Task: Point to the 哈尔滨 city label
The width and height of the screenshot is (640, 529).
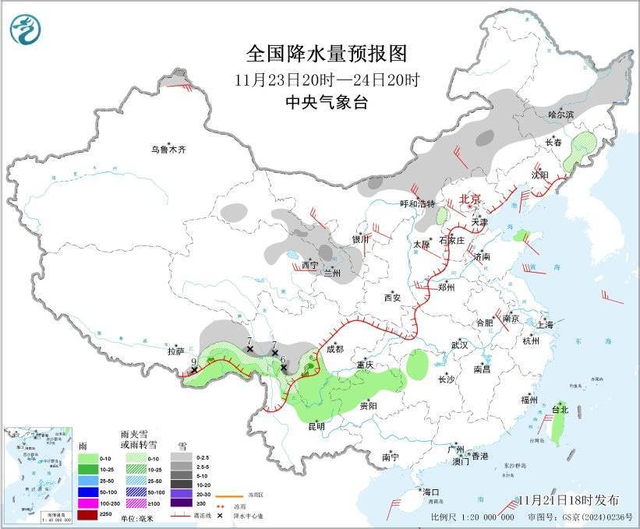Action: pyautogui.click(x=560, y=115)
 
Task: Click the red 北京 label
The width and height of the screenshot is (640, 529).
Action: pyautogui.click(x=470, y=199)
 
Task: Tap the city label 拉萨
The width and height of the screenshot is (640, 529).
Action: pyautogui.click(x=175, y=351)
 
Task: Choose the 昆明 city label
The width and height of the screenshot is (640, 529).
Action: pyautogui.click(x=316, y=426)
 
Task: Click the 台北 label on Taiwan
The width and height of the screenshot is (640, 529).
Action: pyautogui.click(x=560, y=409)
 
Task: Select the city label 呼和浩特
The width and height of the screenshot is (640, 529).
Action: pyautogui.click(x=415, y=204)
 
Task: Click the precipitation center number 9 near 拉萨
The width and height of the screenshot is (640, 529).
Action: pyautogui.click(x=193, y=361)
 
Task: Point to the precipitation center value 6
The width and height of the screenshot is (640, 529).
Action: pyautogui.click(x=283, y=360)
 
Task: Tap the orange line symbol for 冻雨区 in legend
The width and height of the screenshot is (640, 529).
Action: pyautogui.click(x=226, y=495)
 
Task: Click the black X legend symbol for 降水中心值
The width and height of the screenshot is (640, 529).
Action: pyautogui.click(x=221, y=516)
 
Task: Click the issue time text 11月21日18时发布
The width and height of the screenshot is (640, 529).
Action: pyautogui.click(x=568, y=499)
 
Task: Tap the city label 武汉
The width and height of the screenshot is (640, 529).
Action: pyautogui.click(x=459, y=344)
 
